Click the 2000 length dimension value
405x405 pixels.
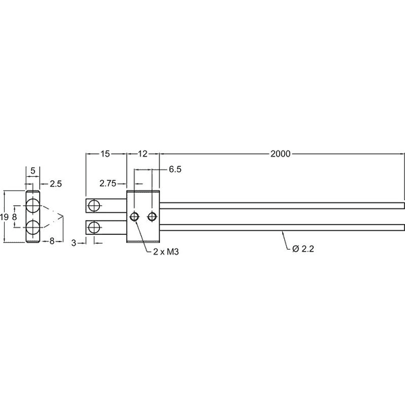[x=280, y=154]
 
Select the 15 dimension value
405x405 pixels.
[x=105, y=154]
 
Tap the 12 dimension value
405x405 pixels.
[x=142, y=154]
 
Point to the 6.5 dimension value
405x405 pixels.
[x=175, y=169]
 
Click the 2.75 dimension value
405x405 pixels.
[x=108, y=184]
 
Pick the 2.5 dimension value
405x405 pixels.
[x=56, y=184]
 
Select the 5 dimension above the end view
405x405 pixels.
[x=33, y=171]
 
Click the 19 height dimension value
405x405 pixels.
[x=5, y=217]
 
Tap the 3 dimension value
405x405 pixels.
[x=74, y=243]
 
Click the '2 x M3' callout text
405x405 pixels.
[x=166, y=252]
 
